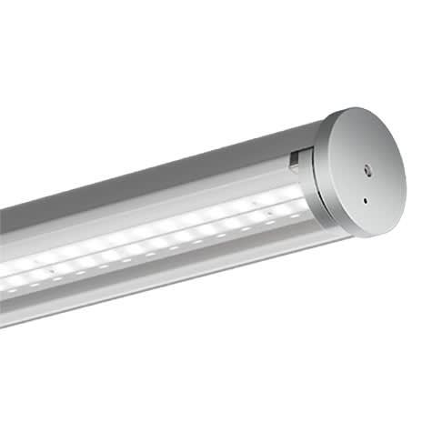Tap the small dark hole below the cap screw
pyautogui.click(x=364, y=201)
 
